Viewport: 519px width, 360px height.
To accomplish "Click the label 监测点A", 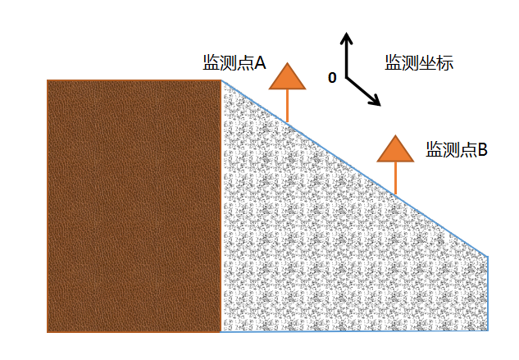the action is click(234, 62).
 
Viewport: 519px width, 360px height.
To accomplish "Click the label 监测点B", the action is click(457, 149).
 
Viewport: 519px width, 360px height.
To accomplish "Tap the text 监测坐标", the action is click(419, 62).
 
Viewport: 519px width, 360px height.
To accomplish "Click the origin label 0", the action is click(332, 78).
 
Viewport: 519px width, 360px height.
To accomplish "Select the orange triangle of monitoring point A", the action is click(287, 77).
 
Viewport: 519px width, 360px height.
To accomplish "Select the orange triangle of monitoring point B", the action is click(395, 149).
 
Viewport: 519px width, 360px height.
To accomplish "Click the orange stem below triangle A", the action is click(287, 106).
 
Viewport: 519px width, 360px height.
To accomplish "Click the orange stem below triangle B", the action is click(395, 178).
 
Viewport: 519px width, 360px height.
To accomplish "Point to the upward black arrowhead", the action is click(347, 38).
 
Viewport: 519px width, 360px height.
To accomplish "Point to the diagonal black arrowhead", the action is click(376, 100).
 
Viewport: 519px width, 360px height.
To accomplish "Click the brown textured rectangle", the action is click(134, 206).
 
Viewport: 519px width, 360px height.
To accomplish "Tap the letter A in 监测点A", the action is click(260, 62).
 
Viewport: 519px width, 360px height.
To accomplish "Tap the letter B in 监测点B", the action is click(483, 149).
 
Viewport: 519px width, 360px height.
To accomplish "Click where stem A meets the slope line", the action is click(287, 123).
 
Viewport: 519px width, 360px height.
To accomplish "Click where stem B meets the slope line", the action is click(395, 194).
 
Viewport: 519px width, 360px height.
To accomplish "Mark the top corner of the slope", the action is click(221, 80).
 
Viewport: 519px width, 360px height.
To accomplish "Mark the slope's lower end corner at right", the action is click(488, 256).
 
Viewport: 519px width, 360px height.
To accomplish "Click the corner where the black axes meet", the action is click(347, 78).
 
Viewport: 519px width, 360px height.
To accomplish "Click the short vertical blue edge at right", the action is click(488, 294).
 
